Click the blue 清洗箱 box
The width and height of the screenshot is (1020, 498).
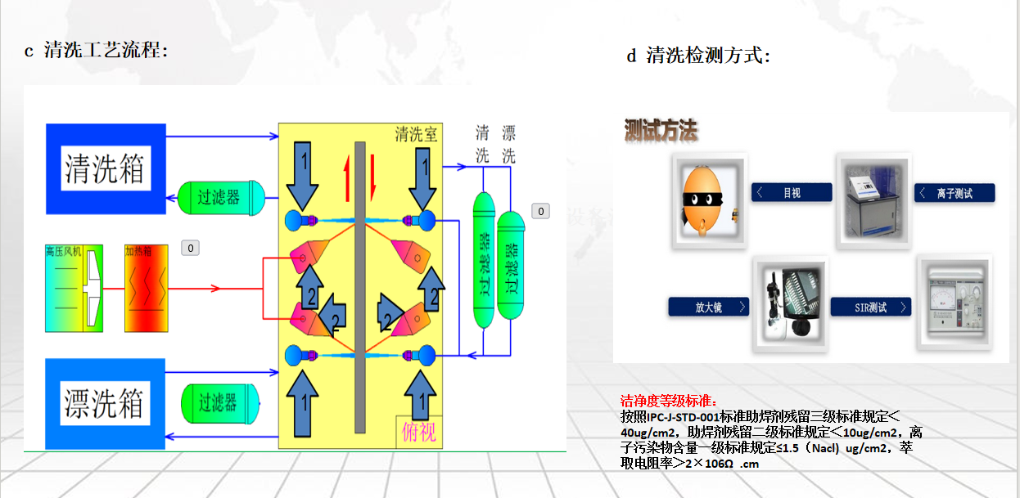point(106,168)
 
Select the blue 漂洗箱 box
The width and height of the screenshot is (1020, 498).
point(106,402)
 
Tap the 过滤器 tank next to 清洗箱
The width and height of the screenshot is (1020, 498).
point(221,197)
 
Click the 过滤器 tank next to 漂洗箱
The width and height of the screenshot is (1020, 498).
point(219,402)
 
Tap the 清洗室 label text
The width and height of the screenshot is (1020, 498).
point(416,134)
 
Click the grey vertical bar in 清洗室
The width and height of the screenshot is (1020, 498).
point(359,286)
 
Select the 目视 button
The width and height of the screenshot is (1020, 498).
point(792,193)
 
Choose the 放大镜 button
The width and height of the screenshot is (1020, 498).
point(708,307)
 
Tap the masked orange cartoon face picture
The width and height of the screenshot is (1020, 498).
point(710,200)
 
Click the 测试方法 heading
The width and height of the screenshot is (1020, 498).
point(661,130)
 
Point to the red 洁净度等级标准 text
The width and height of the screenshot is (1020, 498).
point(668,402)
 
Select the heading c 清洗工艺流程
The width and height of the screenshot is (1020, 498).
point(96,51)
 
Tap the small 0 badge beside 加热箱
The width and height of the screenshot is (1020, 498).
point(190,248)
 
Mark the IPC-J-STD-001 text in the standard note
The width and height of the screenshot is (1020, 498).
point(683,416)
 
